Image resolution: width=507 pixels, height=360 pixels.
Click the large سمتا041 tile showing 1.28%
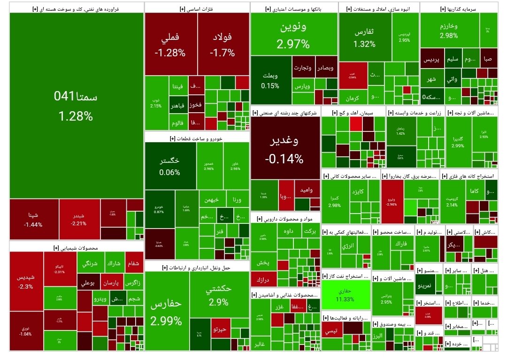(x=76, y=106)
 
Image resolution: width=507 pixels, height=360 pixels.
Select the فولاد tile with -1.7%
(x=223, y=45)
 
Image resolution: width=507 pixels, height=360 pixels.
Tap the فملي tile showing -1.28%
(x=170, y=45)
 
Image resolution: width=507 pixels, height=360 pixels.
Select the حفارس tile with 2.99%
(x=167, y=312)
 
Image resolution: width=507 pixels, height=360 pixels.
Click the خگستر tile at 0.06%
(x=170, y=166)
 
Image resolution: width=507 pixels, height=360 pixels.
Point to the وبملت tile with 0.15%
(x=270, y=80)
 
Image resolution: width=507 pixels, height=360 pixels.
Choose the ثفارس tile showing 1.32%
(x=364, y=38)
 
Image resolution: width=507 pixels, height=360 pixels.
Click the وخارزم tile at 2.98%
(x=449, y=31)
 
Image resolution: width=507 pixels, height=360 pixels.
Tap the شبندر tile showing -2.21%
(x=79, y=219)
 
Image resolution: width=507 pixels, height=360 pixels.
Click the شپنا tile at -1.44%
(x=33, y=220)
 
